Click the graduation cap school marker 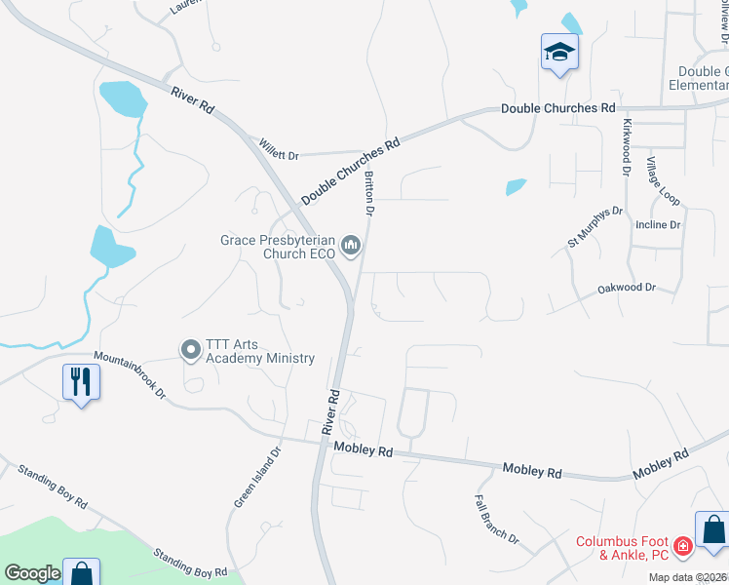tap(560, 51)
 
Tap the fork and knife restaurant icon tap(80, 380)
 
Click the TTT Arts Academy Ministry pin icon tap(190, 349)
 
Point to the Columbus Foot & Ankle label tap(621, 548)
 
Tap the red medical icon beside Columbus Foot tap(684, 546)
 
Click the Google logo tap(32, 573)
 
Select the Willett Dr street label tap(279, 148)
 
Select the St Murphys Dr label tap(595, 226)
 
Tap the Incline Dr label tap(658, 224)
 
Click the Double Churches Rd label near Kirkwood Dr tap(558, 108)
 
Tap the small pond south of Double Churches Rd tap(516, 186)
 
